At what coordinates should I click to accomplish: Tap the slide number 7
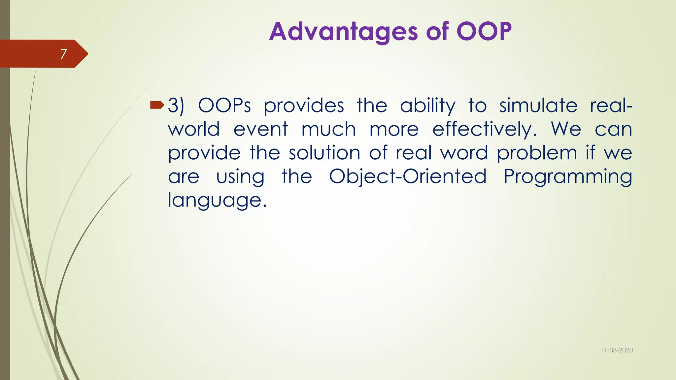coord(63,54)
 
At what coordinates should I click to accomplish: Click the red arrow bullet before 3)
coord(157,105)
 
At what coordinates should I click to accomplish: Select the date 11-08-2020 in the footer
coord(616,350)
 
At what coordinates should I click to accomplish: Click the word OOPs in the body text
coord(224,106)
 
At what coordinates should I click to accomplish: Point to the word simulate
coord(538,106)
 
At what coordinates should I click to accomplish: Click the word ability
coord(427,106)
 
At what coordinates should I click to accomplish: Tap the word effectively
coord(484,129)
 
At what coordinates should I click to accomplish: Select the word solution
coord(324,153)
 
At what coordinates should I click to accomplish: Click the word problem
coord(537,153)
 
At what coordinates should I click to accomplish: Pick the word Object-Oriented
coord(408,177)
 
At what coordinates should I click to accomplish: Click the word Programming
coord(568,177)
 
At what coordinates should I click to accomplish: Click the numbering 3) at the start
coord(176,106)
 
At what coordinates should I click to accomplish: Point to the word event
coord(261,129)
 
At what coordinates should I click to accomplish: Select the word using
coord(240,177)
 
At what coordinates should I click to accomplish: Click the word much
coord(329,129)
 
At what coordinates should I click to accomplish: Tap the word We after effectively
coord(566,129)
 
